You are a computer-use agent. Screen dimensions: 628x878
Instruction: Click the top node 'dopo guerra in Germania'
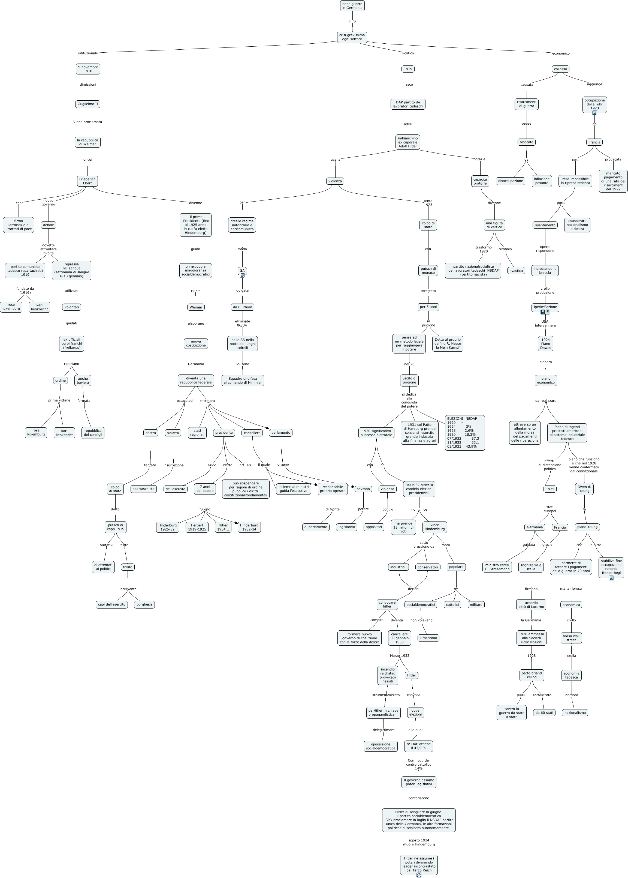(x=352, y=6)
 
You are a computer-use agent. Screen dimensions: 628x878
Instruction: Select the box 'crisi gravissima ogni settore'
(x=352, y=37)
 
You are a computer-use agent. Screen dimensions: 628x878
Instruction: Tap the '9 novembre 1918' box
(x=88, y=69)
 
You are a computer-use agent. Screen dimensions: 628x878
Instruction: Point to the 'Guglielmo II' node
(x=88, y=104)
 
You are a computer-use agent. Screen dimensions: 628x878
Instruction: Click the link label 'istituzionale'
(x=88, y=53)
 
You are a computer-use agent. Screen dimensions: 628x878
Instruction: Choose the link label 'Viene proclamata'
(x=87, y=122)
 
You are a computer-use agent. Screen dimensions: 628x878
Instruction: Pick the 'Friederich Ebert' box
(x=87, y=181)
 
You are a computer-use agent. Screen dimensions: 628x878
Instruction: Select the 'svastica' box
(x=516, y=271)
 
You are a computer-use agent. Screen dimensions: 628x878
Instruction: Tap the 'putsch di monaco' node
(x=428, y=271)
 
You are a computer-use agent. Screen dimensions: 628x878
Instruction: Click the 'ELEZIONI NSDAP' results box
(x=464, y=433)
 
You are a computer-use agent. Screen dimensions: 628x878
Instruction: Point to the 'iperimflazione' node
(x=545, y=307)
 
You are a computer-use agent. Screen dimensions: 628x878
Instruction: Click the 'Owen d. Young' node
(x=584, y=489)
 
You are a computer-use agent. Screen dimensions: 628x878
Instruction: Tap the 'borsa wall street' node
(x=571, y=638)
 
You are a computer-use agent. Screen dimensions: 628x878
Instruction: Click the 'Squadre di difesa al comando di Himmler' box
(x=243, y=380)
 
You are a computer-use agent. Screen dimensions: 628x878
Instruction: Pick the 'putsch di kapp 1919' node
(x=115, y=527)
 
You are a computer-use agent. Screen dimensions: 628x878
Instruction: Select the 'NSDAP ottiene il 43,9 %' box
(x=418, y=746)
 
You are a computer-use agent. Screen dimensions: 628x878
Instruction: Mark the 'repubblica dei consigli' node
(x=93, y=433)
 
